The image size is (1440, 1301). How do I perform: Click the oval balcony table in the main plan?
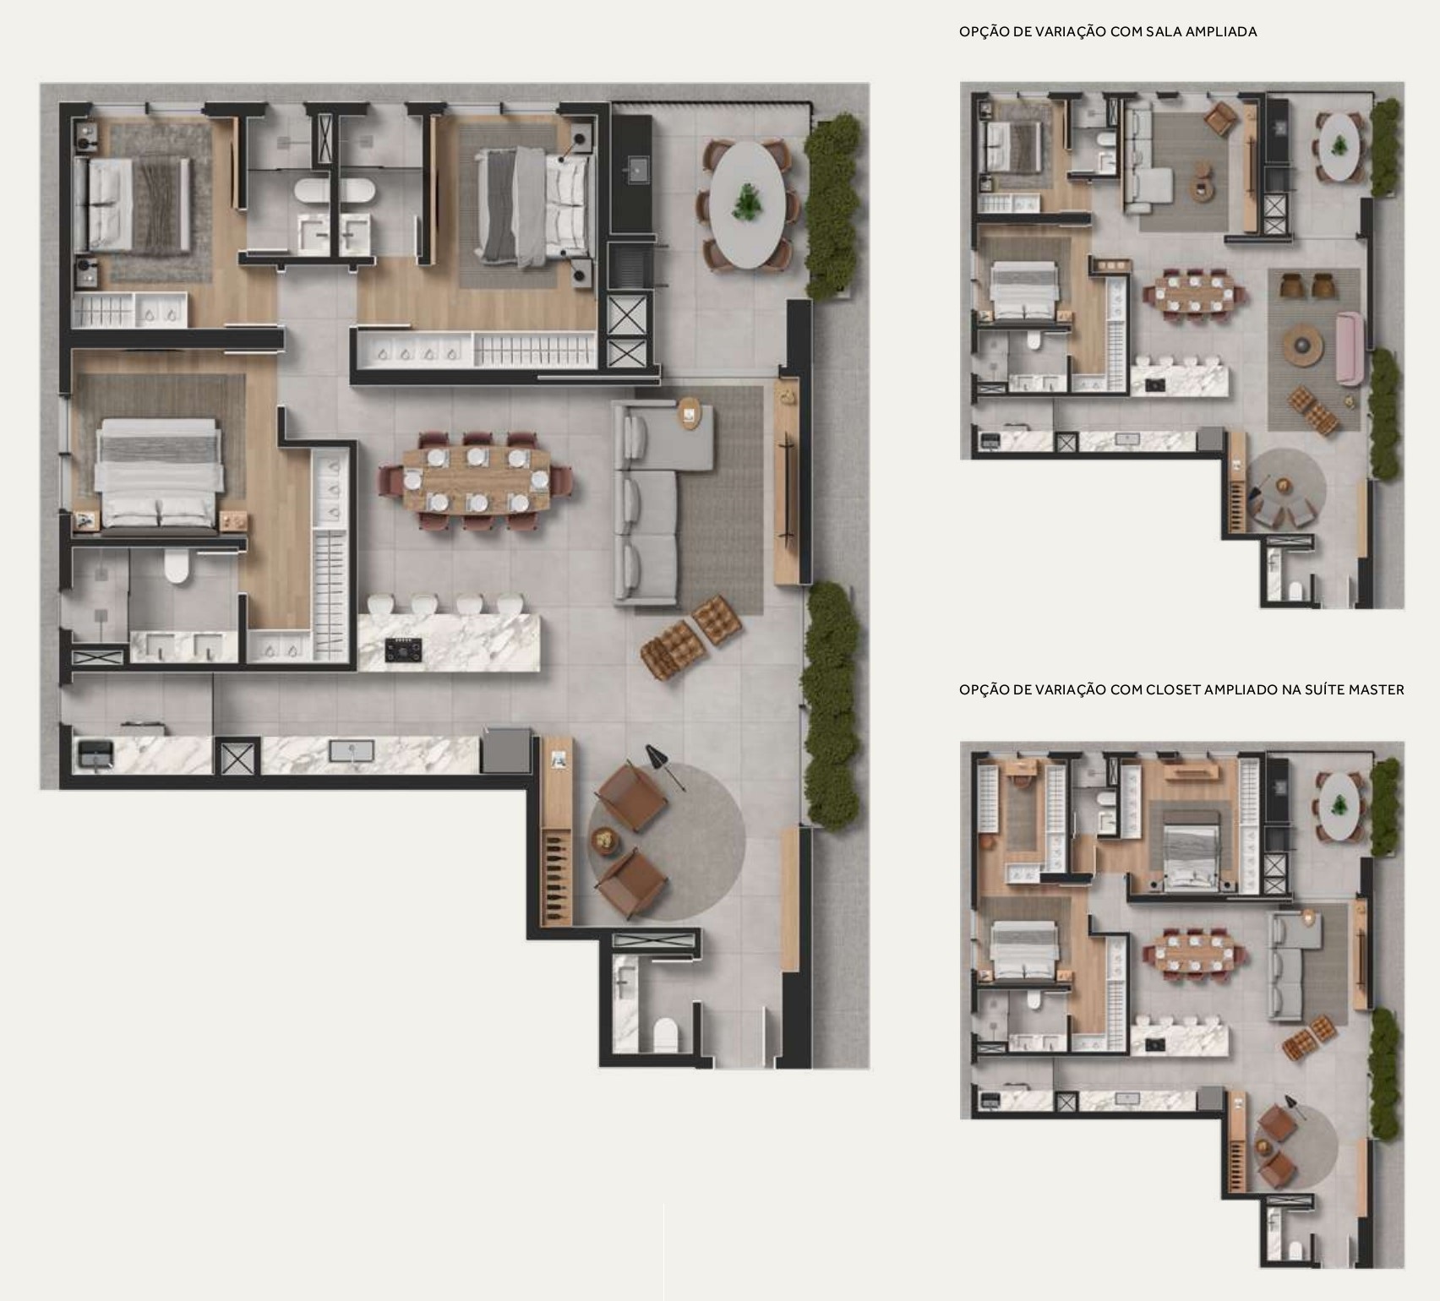[747, 204]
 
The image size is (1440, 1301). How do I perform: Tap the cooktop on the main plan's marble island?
[404, 650]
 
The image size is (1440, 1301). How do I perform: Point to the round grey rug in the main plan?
[668, 841]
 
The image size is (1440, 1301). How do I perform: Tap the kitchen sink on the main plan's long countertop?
[345, 750]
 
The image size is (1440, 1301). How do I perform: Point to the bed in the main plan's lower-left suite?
[160, 476]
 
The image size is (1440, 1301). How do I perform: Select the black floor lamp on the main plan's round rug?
[665, 767]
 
